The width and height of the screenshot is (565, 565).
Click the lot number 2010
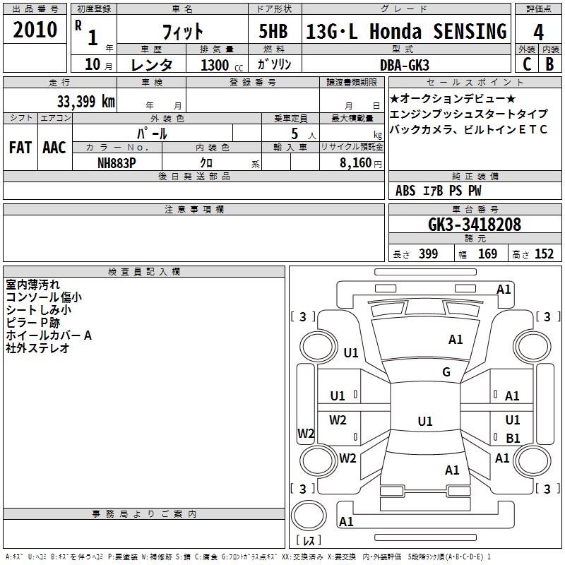[35, 30]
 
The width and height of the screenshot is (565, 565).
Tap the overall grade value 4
[538, 32]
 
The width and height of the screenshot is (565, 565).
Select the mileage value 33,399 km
[86, 102]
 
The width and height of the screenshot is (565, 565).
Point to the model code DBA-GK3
[405, 65]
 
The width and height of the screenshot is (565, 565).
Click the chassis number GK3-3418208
[475, 225]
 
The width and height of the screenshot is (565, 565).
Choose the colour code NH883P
[117, 163]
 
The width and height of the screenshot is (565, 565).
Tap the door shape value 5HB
[273, 31]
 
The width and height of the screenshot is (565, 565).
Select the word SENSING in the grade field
[470, 31]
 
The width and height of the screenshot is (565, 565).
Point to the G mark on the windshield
[446, 371]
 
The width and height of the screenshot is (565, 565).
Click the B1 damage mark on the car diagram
[513, 438]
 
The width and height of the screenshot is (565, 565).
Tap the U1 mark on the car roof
[425, 421]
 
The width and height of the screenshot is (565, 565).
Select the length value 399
[428, 254]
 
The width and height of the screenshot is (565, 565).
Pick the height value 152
[544, 254]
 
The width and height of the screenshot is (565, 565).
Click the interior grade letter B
[549, 64]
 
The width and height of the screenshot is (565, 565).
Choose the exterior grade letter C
[526, 64]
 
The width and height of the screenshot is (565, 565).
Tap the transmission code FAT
[20, 148]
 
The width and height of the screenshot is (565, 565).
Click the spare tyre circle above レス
[309, 516]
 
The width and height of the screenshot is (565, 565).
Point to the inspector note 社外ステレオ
[37, 348]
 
